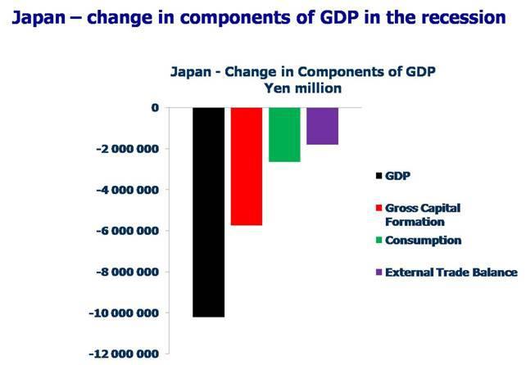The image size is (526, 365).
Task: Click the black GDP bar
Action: pyautogui.click(x=208, y=212)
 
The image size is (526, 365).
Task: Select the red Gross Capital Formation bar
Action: pyautogui.click(x=247, y=166)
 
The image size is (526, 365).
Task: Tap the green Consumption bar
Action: pyautogui.click(x=284, y=135)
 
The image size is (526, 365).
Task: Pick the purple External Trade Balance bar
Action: pyautogui.click(x=322, y=126)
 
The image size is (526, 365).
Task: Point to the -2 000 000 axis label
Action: pyautogui.click(x=123, y=149)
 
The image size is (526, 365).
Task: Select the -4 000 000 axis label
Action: pyautogui.click(x=123, y=190)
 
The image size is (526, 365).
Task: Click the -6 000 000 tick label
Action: pyautogui.click(x=123, y=231)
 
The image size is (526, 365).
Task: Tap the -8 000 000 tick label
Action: pyautogui.click(x=123, y=272)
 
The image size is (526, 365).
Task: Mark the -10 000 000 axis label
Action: pyautogui.click(x=120, y=313)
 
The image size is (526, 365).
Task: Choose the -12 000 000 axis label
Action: pyautogui.click(x=120, y=354)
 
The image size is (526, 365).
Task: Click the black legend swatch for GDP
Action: pyautogui.click(x=378, y=175)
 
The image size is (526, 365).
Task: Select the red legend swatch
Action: pyautogui.click(x=378, y=209)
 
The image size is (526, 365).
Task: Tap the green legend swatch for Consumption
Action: pyautogui.click(x=378, y=241)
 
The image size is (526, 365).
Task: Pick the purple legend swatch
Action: pyautogui.click(x=378, y=273)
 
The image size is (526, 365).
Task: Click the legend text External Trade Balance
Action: pyautogui.click(x=452, y=273)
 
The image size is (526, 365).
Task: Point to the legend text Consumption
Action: pyautogui.click(x=424, y=241)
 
